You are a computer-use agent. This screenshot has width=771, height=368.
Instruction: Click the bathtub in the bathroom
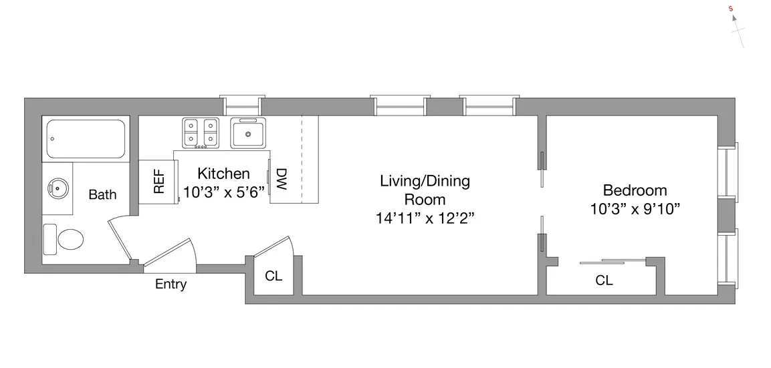[85, 139]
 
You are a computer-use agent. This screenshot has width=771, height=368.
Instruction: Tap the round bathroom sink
[58, 188]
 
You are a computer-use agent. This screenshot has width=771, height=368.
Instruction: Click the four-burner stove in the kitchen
[201, 132]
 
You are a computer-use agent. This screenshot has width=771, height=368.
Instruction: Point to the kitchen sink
[248, 133]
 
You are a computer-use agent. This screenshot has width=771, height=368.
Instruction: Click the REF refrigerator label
[159, 181]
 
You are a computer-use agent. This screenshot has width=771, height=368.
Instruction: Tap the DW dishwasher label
[281, 179]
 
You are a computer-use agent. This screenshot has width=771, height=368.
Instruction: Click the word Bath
[102, 195]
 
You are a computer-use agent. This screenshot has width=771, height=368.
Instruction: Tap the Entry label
[171, 285]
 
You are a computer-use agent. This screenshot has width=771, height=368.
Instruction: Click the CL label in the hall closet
[273, 277]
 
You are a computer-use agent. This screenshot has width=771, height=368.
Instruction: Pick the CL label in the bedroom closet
[604, 281]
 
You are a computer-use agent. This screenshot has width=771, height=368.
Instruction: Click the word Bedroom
[635, 190]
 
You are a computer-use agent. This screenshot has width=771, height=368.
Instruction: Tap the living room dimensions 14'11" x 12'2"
[425, 218]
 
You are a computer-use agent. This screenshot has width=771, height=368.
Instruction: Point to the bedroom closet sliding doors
[613, 261]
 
